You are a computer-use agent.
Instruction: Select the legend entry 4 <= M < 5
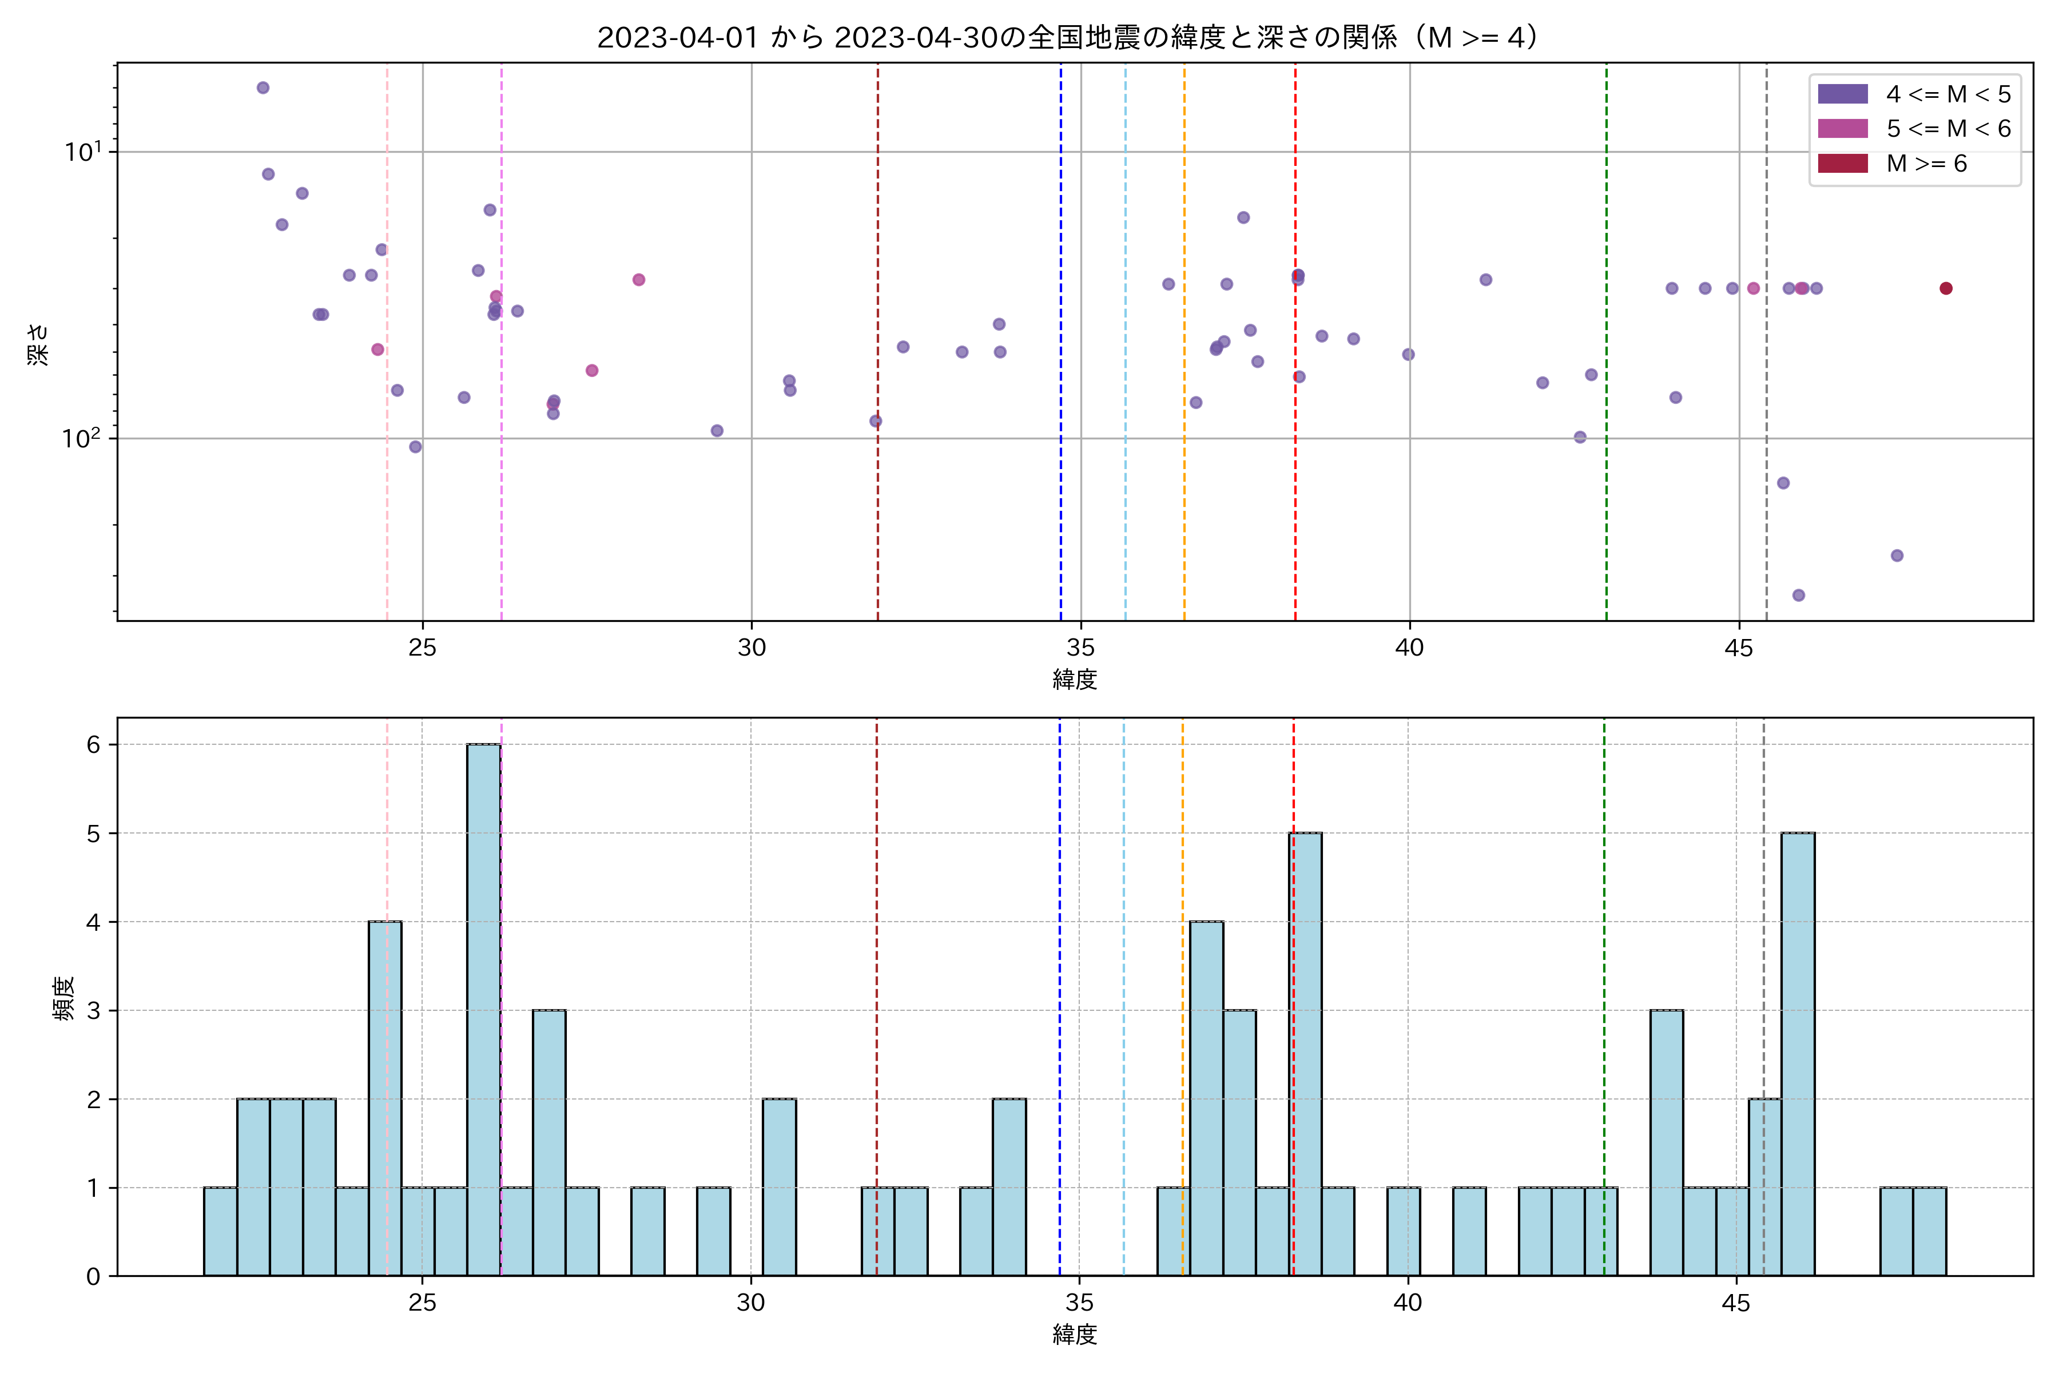pos(1949,94)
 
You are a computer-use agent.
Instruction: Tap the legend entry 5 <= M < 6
pos(1949,129)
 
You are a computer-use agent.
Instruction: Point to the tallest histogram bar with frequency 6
pos(483,1007)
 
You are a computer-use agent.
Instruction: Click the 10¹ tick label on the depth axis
pos(83,152)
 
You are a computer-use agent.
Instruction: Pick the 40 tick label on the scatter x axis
pos(1409,648)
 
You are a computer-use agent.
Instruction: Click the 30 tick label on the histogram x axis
pos(750,1303)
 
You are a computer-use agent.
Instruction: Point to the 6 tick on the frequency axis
pos(93,744)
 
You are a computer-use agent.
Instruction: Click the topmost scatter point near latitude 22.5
pos(263,88)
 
